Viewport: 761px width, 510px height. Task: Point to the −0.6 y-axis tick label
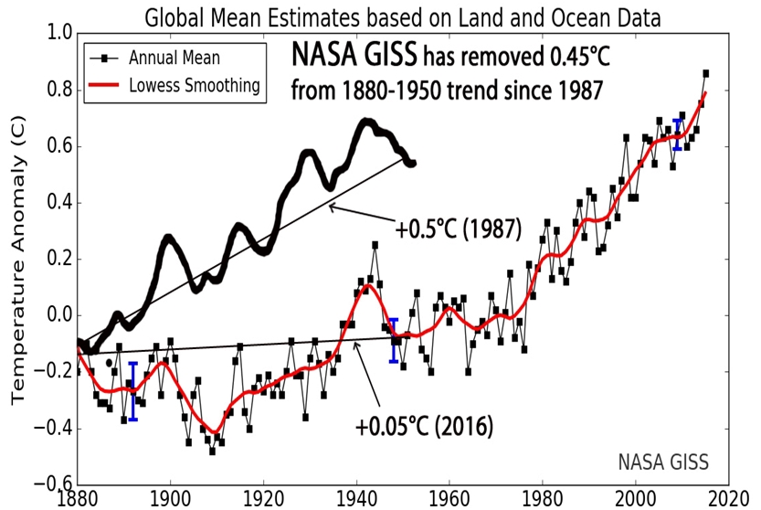[x=54, y=484]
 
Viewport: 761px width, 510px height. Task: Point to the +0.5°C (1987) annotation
[x=458, y=229]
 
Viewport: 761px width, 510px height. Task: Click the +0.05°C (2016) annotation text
[x=424, y=426]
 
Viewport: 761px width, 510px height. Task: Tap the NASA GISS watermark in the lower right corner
[x=662, y=460]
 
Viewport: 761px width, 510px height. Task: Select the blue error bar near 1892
[x=133, y=391]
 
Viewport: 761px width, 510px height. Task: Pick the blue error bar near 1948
[x=394, y=340]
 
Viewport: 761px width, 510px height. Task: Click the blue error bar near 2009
[x=677, y=133]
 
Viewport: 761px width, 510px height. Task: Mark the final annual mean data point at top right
[x=706, y=73]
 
